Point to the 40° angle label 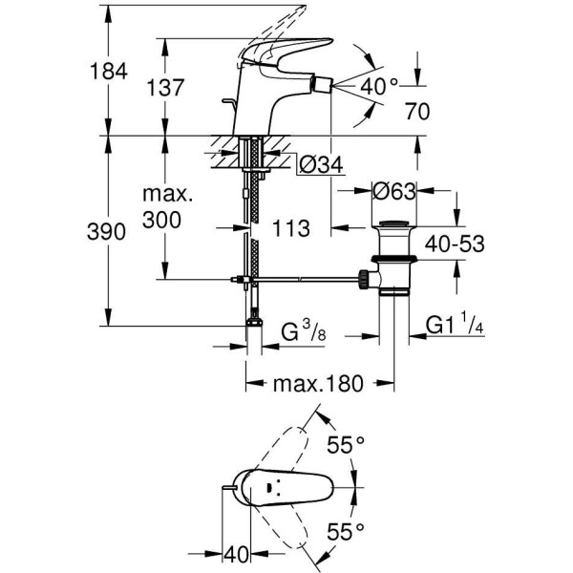pyautogui.click(x=379, y=86)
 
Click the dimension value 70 pyautogui.click(x=417, y=111)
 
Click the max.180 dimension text pyautogui.click(x=319, y=384)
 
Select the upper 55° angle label pyautogui.click(x=347, y=444)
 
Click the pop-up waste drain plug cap pyautogui.click(x=393, y=226)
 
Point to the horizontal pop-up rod pyautogui.click(x=306, y=280)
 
